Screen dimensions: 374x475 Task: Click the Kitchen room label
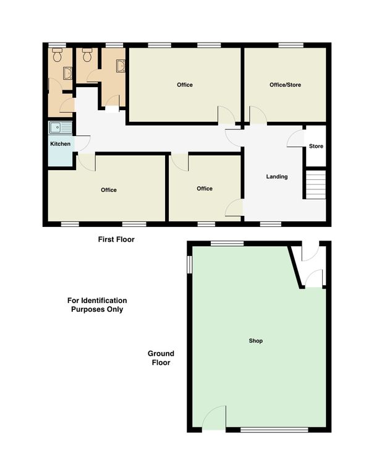60,144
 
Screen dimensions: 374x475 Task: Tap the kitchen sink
61,127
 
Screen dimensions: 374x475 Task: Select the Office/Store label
285,85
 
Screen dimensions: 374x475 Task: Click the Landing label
277,176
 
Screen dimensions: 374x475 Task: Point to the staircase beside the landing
315,185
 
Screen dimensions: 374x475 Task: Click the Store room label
316,146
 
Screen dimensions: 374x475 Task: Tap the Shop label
255,341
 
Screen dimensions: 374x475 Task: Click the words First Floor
116,239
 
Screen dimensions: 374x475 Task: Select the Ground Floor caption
161,358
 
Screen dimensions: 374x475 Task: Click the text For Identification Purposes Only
97,305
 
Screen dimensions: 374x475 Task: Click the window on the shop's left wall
190,265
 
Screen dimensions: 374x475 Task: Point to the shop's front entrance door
213,418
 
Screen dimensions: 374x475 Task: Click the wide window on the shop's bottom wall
274,430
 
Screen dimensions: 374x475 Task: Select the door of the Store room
295,139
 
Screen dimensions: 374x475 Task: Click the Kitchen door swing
82,143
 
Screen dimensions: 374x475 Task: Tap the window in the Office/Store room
291,45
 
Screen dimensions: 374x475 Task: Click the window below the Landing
270,224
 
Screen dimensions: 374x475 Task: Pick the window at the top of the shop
227,243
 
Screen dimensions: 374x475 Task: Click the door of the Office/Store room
258,115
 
